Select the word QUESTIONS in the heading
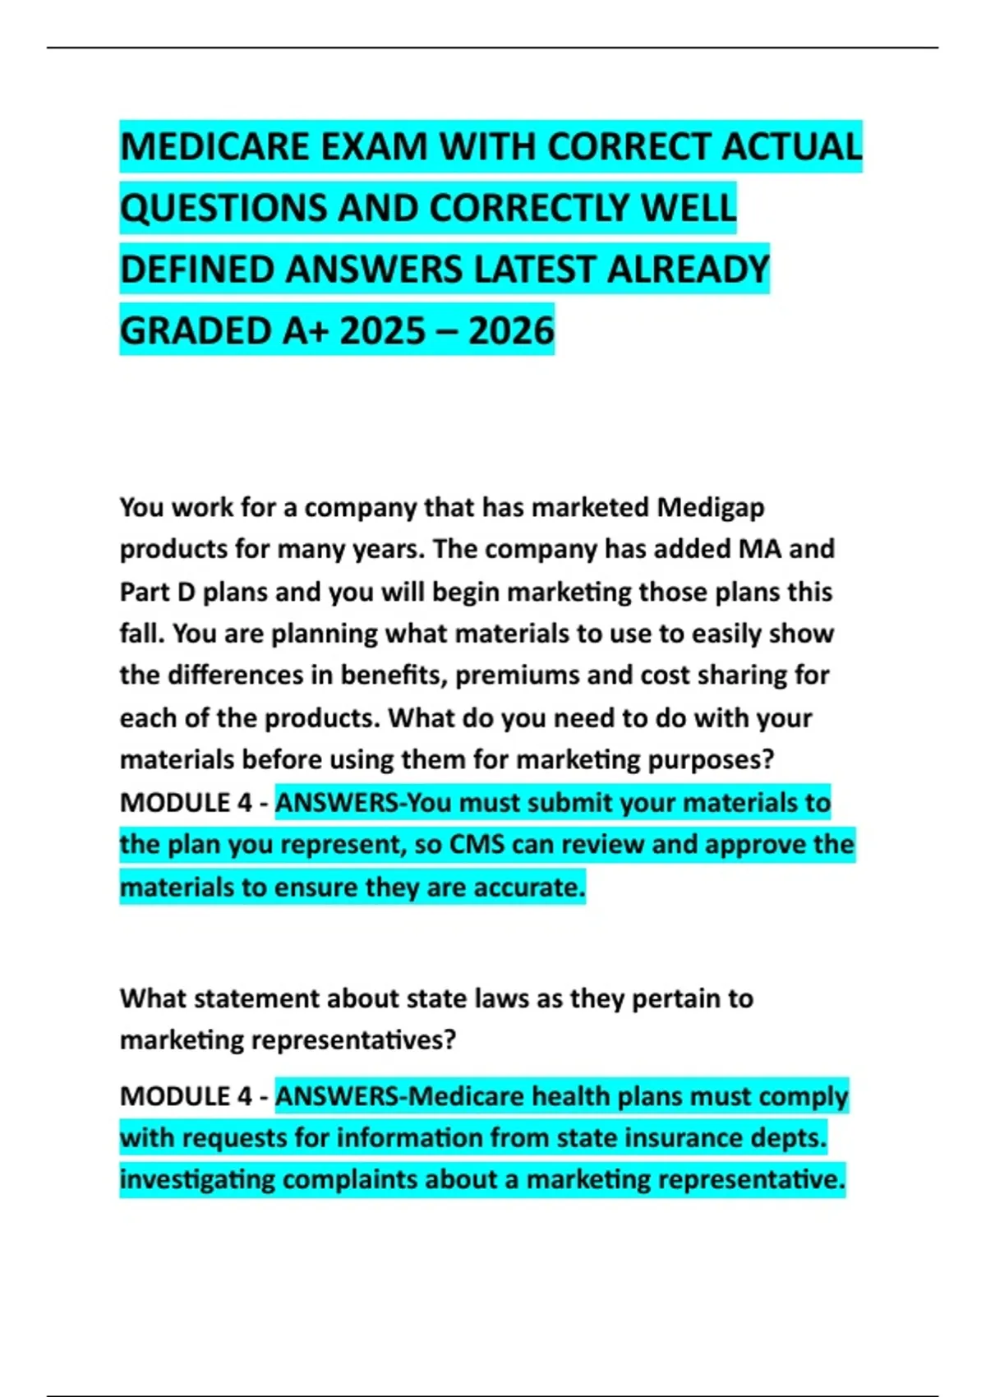tap(223, 208)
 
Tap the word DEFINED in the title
tap(196, 270)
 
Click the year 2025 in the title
tap(383, 331)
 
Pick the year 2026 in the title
tap(511, 331)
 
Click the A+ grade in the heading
tap(305, 331)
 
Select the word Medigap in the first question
tap(711, 507)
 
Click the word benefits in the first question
tap(393, 675)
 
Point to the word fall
tap(141, 634)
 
